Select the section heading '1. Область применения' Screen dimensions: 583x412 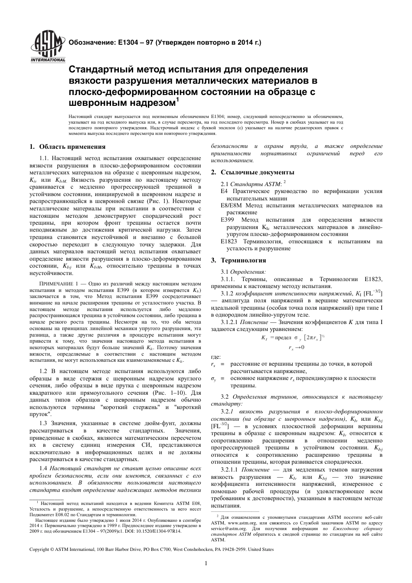[x=68, y=147]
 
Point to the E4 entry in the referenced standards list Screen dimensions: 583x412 [x=224, y=191]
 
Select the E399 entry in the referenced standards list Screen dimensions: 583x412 [x=227, y=220]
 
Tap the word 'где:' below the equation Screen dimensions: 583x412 [x=216, y=356]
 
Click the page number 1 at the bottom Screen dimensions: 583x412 [x=206, y=563]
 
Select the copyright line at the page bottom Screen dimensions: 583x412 [x=151, y=549]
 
